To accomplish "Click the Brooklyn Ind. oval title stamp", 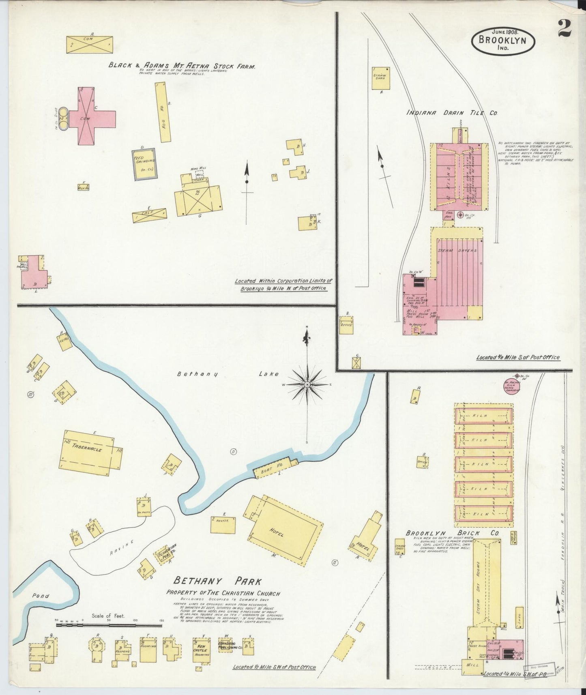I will [503, 41].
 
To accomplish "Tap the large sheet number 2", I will [564, 29].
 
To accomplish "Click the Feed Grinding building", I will [144, 164].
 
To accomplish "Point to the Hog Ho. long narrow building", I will [163, 112].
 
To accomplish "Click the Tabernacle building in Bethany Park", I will [90, 453].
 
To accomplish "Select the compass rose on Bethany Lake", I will [307, 384].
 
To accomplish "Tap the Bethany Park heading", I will [218, 582].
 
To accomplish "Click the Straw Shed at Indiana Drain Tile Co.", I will [381, 78].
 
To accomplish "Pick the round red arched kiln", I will [512, 386].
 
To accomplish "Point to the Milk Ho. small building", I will [84, 187].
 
